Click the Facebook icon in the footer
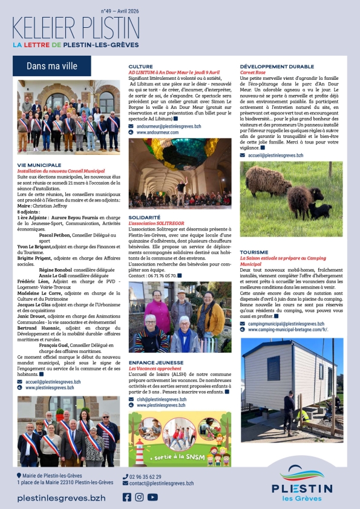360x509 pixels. tap(127, 497)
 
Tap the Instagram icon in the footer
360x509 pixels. tap(139, 497)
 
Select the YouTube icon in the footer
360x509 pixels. tap(152, 497)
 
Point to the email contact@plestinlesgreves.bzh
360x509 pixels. tap(162, 484)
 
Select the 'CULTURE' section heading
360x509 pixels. tap(140, 67)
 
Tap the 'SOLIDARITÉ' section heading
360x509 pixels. tap(145, 217)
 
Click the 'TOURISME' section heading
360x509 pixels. tap(254, 252)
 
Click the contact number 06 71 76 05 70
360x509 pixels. tap(162, 275)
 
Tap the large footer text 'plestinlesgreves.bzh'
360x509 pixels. tap(61, 498)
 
